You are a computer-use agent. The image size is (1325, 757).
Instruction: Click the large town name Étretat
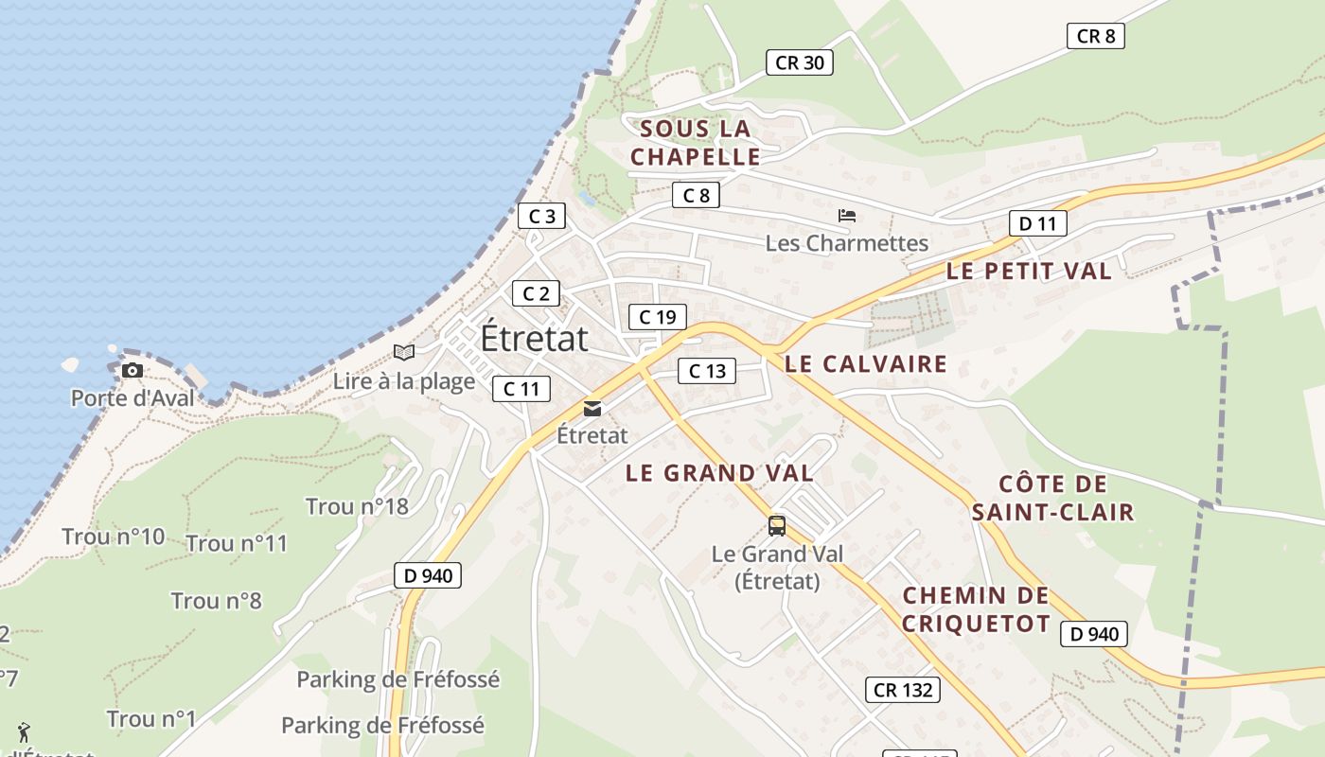tap(534, 338)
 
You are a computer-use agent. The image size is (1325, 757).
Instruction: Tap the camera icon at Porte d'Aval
tap(132, 370)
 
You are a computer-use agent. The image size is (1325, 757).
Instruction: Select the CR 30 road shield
tap(800, 63)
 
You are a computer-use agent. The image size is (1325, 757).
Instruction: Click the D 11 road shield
tap(1037, 223)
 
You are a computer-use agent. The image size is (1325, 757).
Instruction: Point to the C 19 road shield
tap(657, 317)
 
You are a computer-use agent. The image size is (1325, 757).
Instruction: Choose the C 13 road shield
tap(707, 371)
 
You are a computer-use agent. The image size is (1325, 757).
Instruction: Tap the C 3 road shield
tap(541, 216)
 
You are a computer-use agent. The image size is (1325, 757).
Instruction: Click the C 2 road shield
tap(536, 293)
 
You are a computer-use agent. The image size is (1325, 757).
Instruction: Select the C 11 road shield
tap(521, 388)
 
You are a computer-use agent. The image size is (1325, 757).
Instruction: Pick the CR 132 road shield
tap(903, 690)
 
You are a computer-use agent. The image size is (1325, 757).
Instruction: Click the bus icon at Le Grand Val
tap(777, 526)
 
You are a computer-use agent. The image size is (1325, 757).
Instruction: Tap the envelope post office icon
tap(592, 409)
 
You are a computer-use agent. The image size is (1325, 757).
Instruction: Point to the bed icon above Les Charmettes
tap(847, 216)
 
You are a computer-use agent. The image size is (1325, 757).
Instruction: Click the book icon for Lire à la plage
tap(404, 353)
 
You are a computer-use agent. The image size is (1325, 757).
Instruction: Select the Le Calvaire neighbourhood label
tap(866, 363)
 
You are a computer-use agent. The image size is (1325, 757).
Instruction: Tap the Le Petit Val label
tap(1029, 271)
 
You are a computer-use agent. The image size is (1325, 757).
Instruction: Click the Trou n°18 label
tap(357, 506)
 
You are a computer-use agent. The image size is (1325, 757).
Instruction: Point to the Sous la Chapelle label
tap(696, 143)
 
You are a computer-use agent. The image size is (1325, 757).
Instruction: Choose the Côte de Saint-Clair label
tap(1052, 499)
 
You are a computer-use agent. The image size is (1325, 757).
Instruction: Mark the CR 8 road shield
tap(1096, 36)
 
